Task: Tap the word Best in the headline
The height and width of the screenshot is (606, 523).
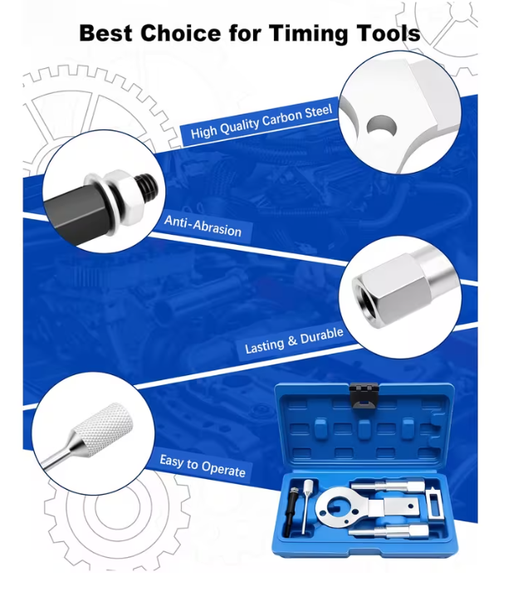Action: tap(106, 33)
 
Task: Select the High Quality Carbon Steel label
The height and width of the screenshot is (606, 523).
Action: tap(261, 122)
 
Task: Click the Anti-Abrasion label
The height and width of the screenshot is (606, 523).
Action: tap(203, 226)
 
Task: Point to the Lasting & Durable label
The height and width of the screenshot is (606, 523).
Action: tap(294, 340)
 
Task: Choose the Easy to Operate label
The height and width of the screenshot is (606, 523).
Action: tap(203, 466)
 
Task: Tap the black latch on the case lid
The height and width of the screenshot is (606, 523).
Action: tap(364, 396)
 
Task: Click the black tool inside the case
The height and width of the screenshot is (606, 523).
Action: tap(290, 511)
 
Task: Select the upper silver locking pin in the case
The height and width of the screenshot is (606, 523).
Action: tap(388, 486)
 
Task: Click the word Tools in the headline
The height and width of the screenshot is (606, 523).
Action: tap(388, 33)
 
